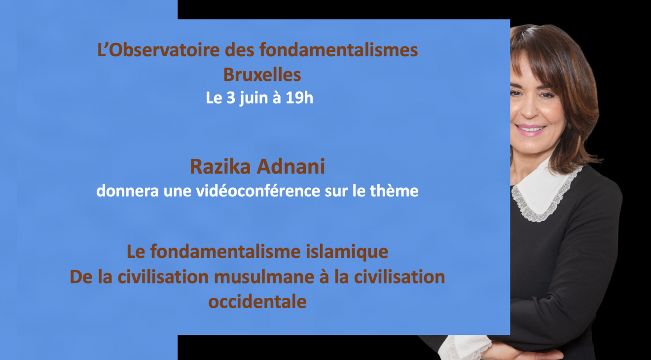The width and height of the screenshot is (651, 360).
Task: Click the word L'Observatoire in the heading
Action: click(x=158, y=50)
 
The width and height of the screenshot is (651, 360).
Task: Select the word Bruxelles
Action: click(x=262, y=74)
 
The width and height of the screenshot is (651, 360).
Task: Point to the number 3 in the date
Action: click(x=231, y=98)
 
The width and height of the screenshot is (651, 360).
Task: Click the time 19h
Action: click(x=299, y=98)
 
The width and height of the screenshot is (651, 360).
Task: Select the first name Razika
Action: click(x=220, y=167)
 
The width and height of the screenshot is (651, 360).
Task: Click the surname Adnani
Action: click(x=290, y=167)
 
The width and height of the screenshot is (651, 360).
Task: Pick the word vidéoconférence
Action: click(x=258, y=191)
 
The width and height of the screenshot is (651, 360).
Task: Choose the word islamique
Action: click(x=347, y=252)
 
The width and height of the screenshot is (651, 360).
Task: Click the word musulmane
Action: click(x=264, y=277)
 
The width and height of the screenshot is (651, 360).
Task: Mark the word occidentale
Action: click(x=257, y=302)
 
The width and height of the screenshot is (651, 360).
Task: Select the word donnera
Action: click(x=127, y=191)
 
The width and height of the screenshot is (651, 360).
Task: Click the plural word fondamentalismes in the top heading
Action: click(x=339, y=50)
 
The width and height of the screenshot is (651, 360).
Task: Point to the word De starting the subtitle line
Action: click(x=81, y=277)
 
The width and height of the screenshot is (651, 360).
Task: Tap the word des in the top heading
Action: click(x=240, y=50)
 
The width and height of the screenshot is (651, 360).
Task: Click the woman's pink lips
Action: click(x=530, y=130)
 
